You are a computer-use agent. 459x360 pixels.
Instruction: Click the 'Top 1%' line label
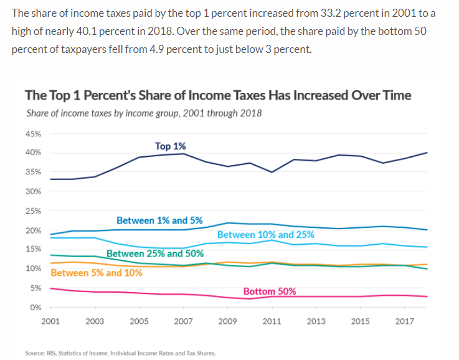pos(170,146)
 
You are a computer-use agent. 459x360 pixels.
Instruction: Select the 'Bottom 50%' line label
pos(269,291)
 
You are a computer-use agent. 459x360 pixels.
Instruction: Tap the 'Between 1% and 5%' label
pos(159,220)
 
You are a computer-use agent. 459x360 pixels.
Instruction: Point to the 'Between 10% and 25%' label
pos(266,235)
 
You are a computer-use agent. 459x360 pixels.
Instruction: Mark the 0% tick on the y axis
pos(35,308)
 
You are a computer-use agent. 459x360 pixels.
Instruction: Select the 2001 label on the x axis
pos(50,321)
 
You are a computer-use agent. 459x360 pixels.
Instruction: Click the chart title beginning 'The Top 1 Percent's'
pos(218,95)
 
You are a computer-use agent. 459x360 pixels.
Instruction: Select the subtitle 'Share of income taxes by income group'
pos(144,113)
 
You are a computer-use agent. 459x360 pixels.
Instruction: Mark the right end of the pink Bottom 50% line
pos(427,296)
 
